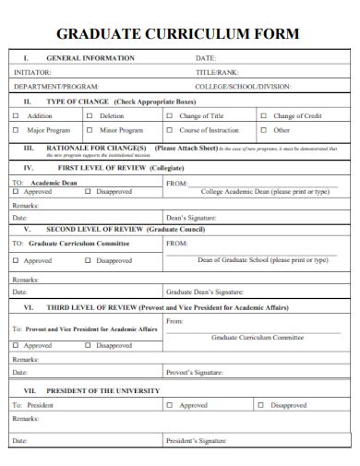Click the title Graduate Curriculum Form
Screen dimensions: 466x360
click(x=178, y=34)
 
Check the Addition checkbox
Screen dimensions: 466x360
click(x=15, y=116)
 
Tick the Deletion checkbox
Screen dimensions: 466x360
click(x=90, y=116)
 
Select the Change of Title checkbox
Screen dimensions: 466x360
click(x=169, y=116)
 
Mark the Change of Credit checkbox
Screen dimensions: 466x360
click(x=263, y=116)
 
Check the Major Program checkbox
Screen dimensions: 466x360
click(x=15, y=130)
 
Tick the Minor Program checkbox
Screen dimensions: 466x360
click(x=90, y=130)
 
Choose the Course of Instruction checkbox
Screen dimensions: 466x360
click(x=169, y=130)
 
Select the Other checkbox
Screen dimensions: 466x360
click(x=263, y=130)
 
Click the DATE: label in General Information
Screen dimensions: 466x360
click(x=205, y=58)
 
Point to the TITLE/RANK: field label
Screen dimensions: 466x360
click(x=217, y=72)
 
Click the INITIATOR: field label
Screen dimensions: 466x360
click(x=32, y=72)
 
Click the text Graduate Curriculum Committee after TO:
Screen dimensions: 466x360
click(x=78, y=244)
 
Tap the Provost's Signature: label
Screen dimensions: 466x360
click(x=195, y=373)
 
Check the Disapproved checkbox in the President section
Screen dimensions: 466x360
click(x=263, y=405)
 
